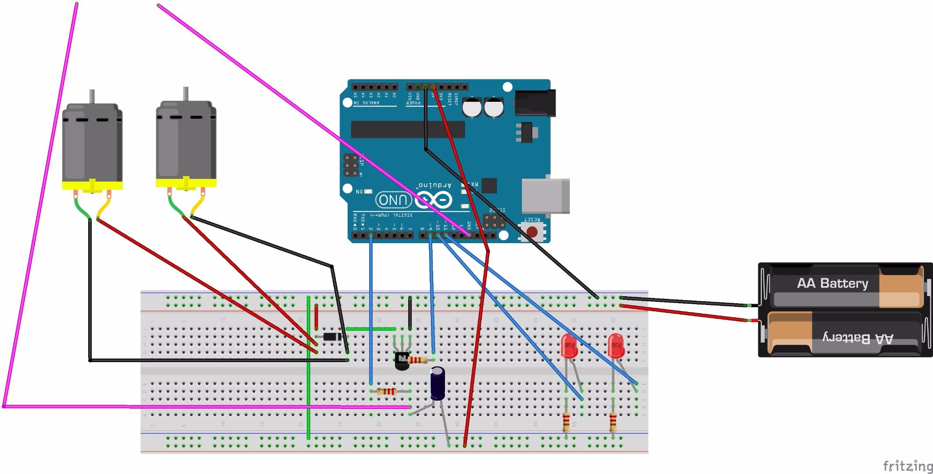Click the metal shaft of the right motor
tap(186, 94)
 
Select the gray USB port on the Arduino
tap(545, 196)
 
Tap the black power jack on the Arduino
tap(535, 103)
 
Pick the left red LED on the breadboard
tap(569, 346)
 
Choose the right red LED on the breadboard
tap(616, 346)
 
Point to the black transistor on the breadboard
tap(402, 361)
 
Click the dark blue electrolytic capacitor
tap(438, 384)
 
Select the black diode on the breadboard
tap(333, 337)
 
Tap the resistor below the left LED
tap(567, 423)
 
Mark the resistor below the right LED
tap(613, 423)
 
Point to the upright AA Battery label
tap(833, 284)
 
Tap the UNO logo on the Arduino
tap(394, 200)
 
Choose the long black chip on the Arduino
tap(408, 129)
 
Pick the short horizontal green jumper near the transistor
tap(371, 329)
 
